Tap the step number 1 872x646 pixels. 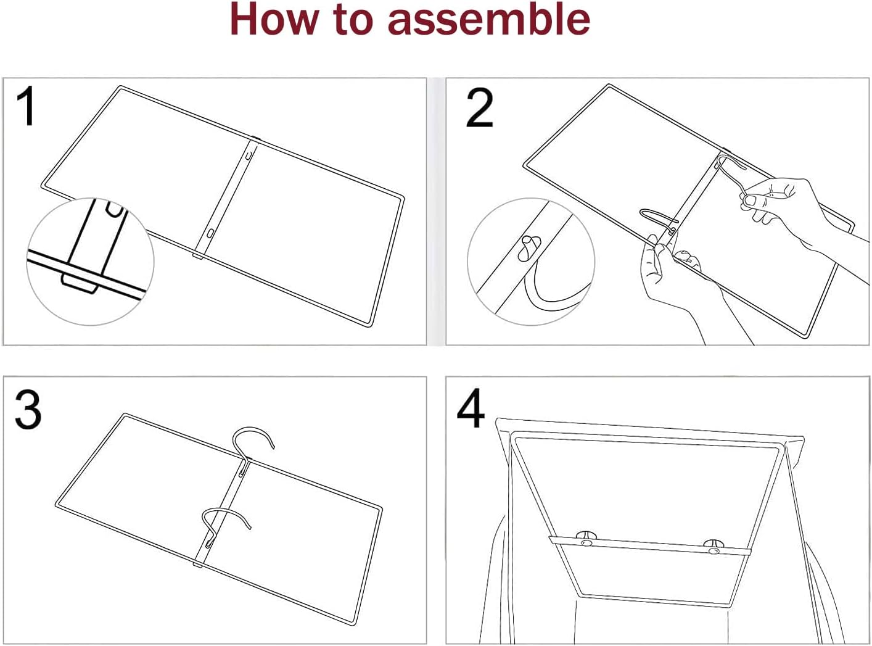pos(27,107)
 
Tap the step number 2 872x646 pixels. pos(479,108)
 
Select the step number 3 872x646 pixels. pos(28,410)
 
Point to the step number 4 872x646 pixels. pos(471,408)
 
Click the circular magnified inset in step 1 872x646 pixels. pos(91,262)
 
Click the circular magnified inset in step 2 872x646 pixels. pos(531,262)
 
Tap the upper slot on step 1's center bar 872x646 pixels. pos(249,155)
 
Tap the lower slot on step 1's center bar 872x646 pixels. pos(210,233)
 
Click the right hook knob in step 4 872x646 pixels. pos(713,547)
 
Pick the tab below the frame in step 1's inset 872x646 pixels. pos(80,283)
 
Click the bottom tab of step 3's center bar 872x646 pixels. pos(198,565)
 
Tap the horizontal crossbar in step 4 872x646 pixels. pos(649,545)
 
